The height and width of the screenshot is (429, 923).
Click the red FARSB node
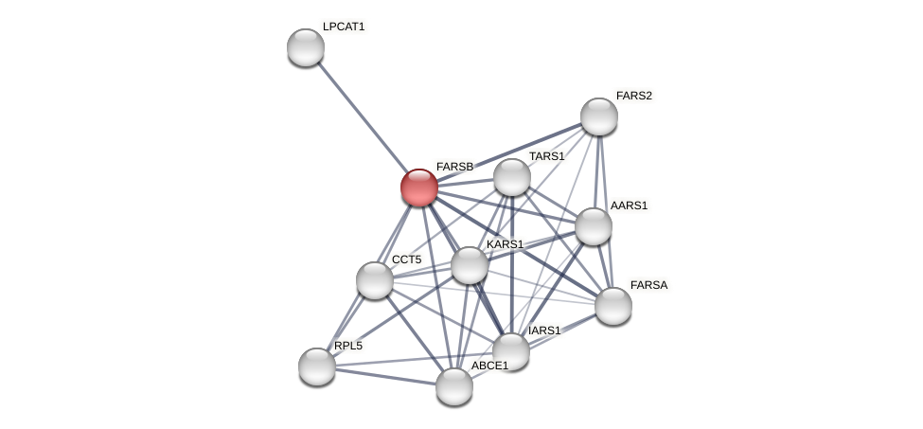click(418, 187)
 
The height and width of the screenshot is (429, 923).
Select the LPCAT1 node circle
click(305, 47)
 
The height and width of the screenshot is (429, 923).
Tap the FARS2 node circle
click(598, 116)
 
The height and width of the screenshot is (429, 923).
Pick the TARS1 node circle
click(511, 177)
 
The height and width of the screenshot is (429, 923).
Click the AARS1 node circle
click(593, 226)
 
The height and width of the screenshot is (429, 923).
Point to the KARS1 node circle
click(469, 265)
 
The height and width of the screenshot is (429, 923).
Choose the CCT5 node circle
click(375, 279)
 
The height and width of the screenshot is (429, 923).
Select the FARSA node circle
click(612, 305)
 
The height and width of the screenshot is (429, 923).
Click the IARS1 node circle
click(510, 351)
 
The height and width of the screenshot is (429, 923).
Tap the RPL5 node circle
click(316, 366)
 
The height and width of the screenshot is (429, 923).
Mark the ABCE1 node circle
click(453, 385)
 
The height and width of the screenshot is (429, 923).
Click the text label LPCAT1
click(343, 27)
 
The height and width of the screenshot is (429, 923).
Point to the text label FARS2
click(633, 96)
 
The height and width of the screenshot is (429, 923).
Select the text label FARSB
click(454, 167)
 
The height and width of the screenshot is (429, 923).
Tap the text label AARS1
click(629, 206)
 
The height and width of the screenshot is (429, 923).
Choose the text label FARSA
click(648, 285)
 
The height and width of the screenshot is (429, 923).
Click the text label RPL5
click(347, 346)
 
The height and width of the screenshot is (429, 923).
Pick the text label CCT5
click(406, 259)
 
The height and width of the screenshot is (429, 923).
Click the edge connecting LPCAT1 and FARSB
click(362, 116)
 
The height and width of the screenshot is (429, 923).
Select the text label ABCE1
click(489, 366)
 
